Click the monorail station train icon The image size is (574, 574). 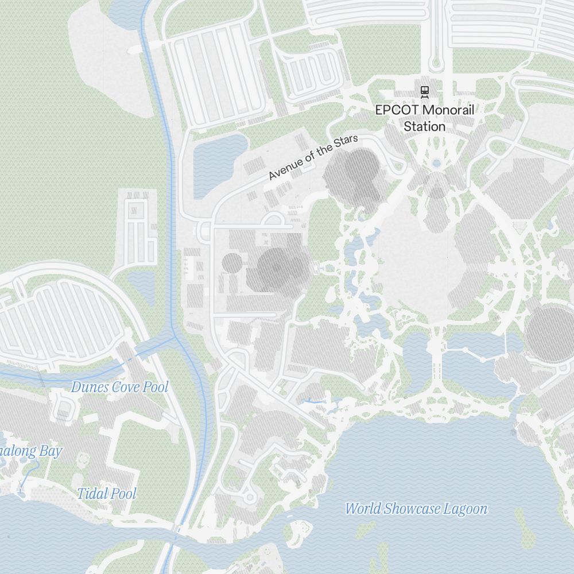[424, 90]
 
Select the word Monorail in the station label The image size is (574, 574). [448, 110]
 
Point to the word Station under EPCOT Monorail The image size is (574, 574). [424, 126]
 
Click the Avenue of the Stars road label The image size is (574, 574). [313, 157]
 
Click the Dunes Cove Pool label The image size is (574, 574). [119, 387]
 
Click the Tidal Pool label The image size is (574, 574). [107, 493]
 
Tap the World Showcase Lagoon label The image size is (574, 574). [416, 509]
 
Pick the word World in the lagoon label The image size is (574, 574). [363, 509]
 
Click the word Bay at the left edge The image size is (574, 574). [50, 451]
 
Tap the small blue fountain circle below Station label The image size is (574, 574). [436, 164]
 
